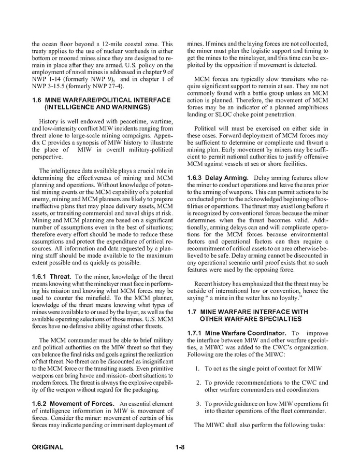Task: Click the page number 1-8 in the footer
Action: click(x=180, y=447)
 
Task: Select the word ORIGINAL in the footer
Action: click(x=47, y=447)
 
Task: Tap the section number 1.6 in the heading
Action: click(x=37, y=99)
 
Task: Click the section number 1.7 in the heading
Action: click(x=193, y=312)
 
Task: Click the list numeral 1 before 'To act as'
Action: click(x=197, y=369)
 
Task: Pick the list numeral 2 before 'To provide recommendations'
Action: click(x=197, y=383)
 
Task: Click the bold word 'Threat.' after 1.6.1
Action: click(x=61, y=276)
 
